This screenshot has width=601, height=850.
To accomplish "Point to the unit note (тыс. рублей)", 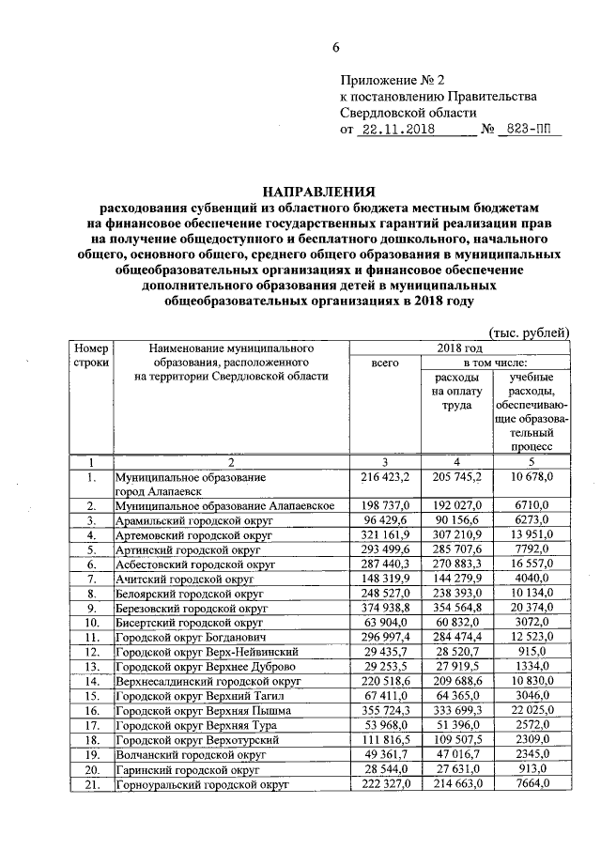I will pyautogui.click(x=530, y=333).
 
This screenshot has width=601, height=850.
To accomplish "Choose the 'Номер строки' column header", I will pyautogui.click(x=92, y=355).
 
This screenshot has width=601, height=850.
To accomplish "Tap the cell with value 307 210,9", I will pyautogui.click(x=455, y=533).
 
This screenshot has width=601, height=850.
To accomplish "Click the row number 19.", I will pyautogui.click(x=92, y=753).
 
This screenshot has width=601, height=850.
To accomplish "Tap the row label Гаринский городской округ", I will pyautogui.click(x=187, y=768).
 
